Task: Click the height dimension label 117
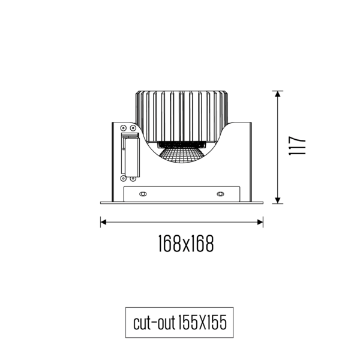pos(298,146)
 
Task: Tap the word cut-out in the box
pos(153,324)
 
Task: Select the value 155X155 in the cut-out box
pos(202,324)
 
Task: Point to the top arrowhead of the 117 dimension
pos(277,94)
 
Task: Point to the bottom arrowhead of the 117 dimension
pos(277,200)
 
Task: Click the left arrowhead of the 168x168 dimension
pos(103,223)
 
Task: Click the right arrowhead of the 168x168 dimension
pos(260,223)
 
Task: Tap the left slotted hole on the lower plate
pos(143,194)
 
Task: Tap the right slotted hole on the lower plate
pos(220,194)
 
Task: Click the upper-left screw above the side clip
pos(124,128)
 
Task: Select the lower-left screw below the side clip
pos(124,178)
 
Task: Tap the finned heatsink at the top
pos(182,114)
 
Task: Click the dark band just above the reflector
pos(182,145)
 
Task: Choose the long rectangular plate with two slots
pos(182,194)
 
